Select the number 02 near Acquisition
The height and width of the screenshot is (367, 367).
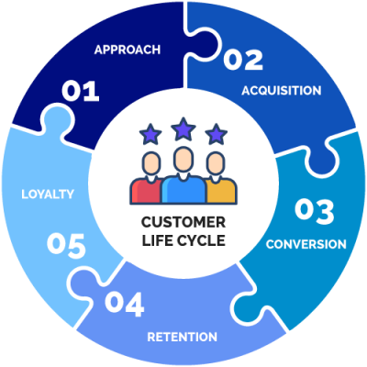(243, 61)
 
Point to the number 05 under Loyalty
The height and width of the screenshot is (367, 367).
(66, 245)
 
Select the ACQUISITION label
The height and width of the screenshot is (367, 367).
(281, 91)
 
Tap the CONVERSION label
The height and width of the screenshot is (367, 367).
(306, 244)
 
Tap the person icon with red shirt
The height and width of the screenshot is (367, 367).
(148, 180)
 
